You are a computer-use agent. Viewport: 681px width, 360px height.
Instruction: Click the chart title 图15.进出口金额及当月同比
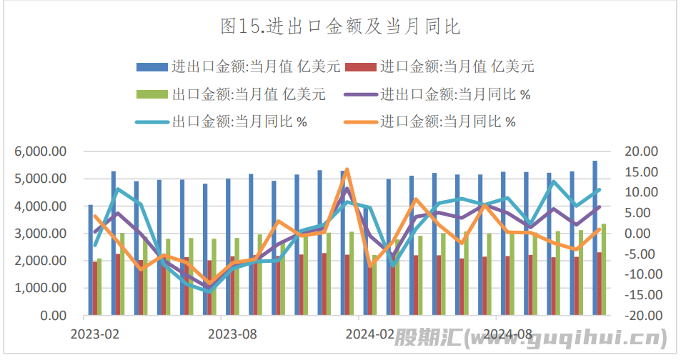coord(340,27)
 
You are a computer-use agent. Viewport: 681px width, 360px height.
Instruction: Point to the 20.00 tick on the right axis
coord(640,151)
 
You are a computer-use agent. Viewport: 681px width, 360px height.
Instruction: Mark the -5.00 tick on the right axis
coord(640,254)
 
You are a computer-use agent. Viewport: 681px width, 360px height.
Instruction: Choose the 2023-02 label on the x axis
coord(94,334)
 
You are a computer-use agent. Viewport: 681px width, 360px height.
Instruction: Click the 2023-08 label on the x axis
coord(232,334)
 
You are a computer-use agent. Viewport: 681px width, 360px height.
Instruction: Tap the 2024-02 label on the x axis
coord(369,334)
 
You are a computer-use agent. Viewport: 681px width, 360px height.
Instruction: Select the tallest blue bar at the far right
coord(595,236)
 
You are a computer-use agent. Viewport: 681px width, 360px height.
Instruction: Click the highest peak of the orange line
coord(347,170)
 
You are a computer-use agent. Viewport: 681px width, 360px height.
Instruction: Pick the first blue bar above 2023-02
coord(90,261)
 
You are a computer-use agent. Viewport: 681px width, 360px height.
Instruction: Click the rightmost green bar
coord(604,269)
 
